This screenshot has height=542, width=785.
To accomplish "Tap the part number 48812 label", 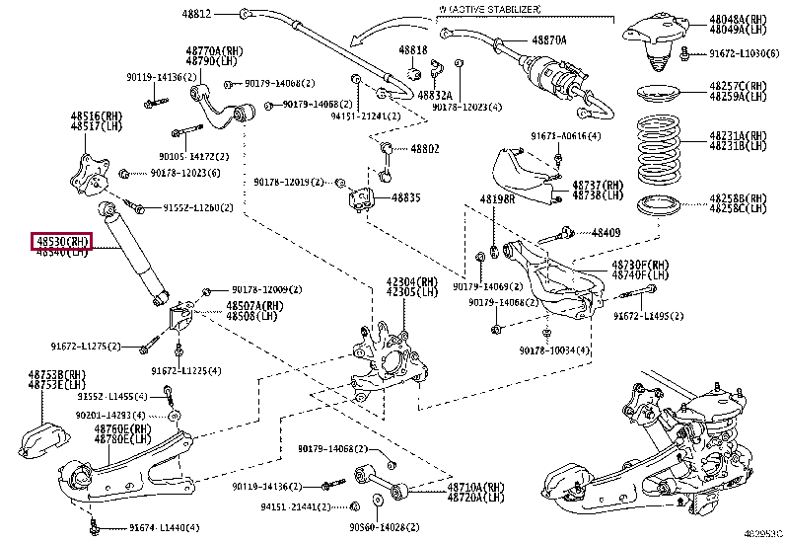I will coord(195,14).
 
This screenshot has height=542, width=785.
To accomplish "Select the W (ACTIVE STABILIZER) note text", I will coord(493,9).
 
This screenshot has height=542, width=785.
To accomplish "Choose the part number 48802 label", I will coord(425,149).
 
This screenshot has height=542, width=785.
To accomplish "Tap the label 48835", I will coord(406,197).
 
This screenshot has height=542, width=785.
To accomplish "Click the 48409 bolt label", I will coord(606,232).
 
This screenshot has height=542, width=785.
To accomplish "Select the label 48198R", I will coord(497,199).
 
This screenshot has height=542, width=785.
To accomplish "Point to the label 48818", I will coord(413,48).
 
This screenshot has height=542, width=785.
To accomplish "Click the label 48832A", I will coord(434,94).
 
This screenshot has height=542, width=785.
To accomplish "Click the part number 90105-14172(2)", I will coord(195,156).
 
